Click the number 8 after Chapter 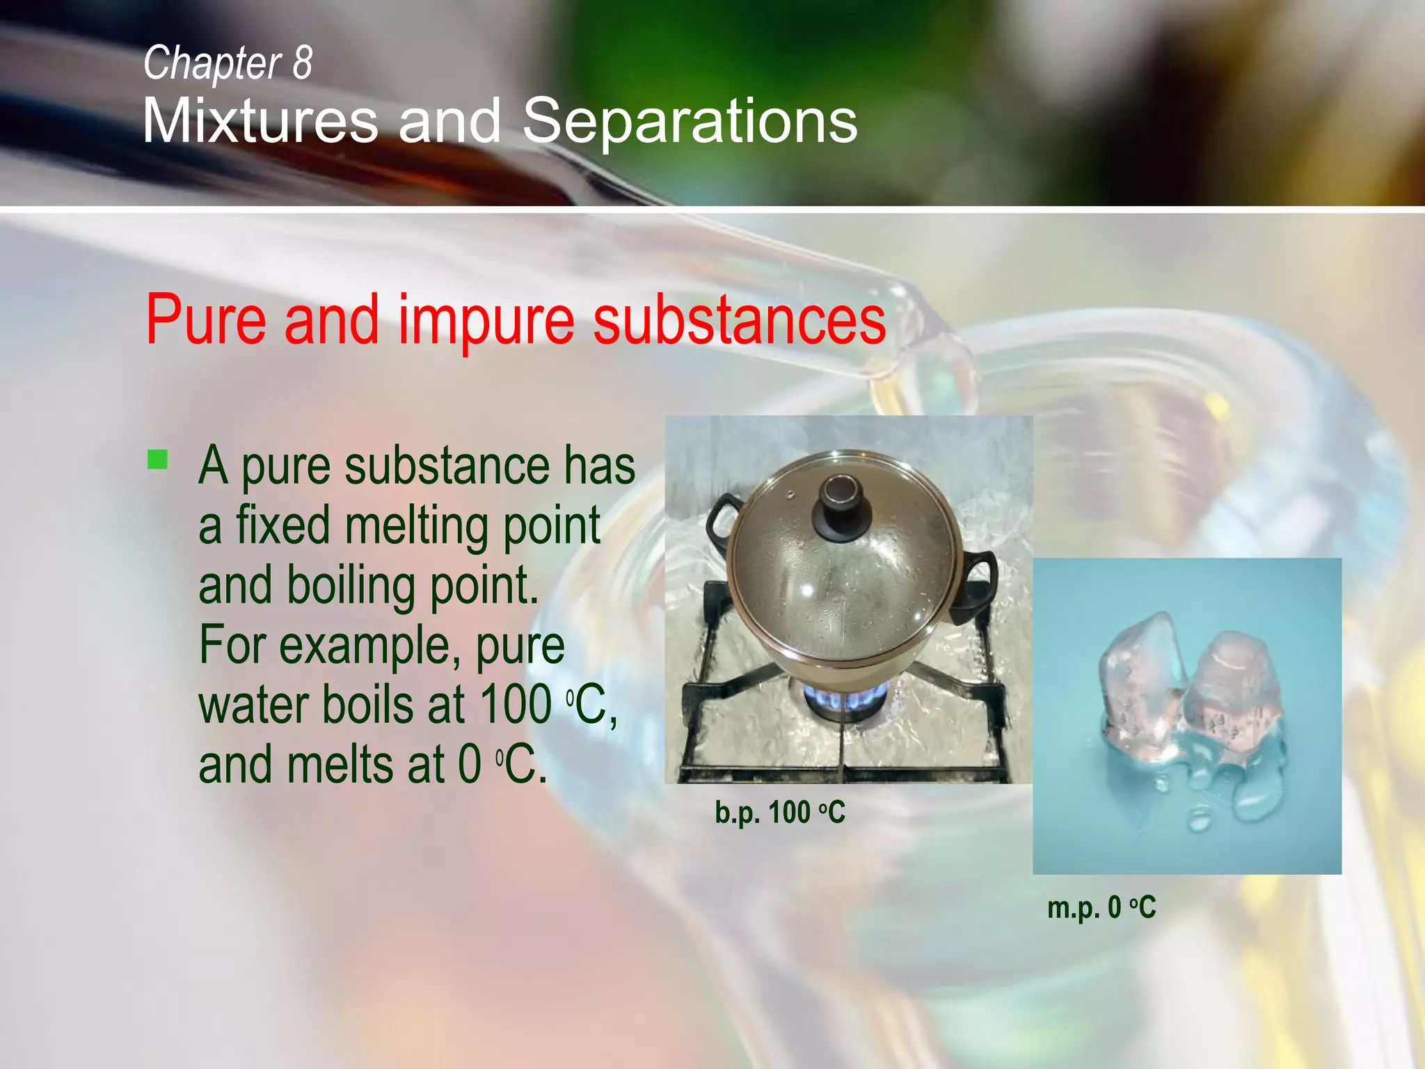pyautogui.click(x=302, y=63)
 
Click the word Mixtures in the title pyautogui.click(x=260, y=120)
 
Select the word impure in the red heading pyautogui.click(x=486, y=319)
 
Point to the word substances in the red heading pyautogui.click(x=739, y=319)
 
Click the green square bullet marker pyautogui.click(x=158, y=460)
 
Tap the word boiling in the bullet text pyautogui.click(x=351, y=585)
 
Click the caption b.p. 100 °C pyautogui.click(x=779, y=812)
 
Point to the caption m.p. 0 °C pyautogui.click(x=1101, y=908)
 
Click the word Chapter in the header pyautogui.click(x=212, y=63)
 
